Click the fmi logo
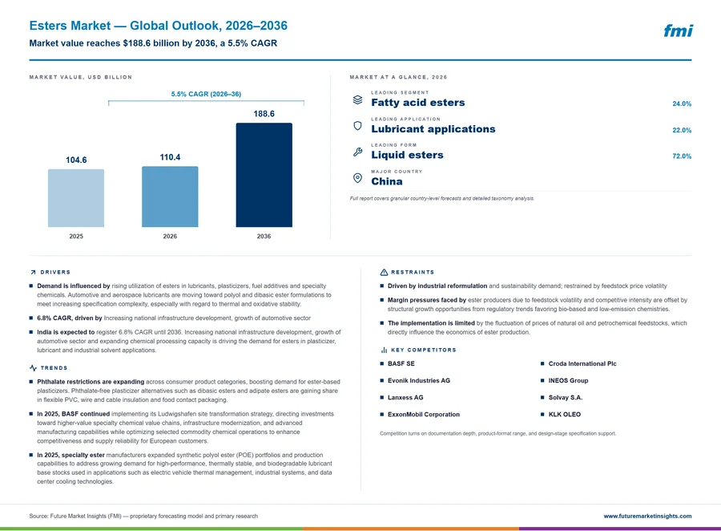click(x=679, y=30)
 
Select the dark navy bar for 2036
click(x=264, y=175)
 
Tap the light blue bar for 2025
click(x=76, y=198)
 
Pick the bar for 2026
click(x=170, y=197)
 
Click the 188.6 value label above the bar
click(x=264, y=114)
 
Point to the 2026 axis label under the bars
click(x=170, y=237)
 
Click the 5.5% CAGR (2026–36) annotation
click(x=206, y=94)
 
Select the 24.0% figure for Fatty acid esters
click(x=682, y=103)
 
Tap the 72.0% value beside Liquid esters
click(x=682, y=156)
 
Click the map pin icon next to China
click(x=357, y=178)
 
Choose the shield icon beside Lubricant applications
click(x=357, y=126)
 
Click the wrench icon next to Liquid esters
click(x=357, y=152)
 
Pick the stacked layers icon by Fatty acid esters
click(x=357, y=99)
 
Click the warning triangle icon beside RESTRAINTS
click(x=384, y=272)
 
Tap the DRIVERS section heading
click(x=55, y=272)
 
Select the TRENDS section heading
click(x=54, y=368)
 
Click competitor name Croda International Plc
click(x=582, y=363)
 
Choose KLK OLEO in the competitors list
click(x=564, y=414)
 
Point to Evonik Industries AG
click(x=419, y=380)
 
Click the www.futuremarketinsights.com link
click(x=647, y=516)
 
